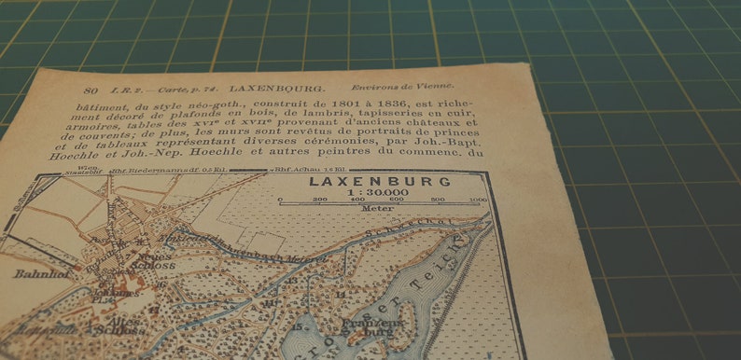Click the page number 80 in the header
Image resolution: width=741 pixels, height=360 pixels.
[91, 90]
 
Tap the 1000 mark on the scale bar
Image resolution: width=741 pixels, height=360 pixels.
[478, 200]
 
